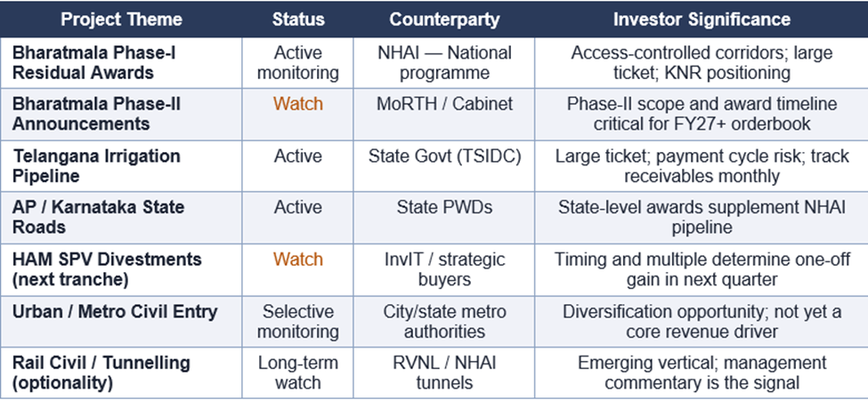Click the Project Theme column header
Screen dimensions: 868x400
pyautogui.click(x=121, y=20)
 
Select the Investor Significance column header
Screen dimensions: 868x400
pyautogui.click(x=702, y=20)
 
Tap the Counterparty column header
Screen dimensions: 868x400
pyautogui.click(x=444, y=20)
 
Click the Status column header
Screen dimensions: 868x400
pyautogui.click(x=298, y=20)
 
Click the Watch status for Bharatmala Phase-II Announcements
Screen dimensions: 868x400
pyautogui.click(x=298, y=104)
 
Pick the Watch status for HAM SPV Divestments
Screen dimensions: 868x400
pyautogui.click(x=298, y=260)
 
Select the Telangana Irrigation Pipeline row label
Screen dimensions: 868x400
pyautogui.click(x=96, y=165)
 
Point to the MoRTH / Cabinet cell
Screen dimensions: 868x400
pyautogui.click(x=444, y=104)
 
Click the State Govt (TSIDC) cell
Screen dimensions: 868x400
pyautogui.click(x=444, y=156)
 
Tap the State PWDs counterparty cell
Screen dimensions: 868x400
pyautogui.click(x=444, y=207)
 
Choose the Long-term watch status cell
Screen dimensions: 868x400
pyautogui.click(x=298, y=372)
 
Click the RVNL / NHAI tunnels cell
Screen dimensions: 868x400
pyautogui.click(x=444, y=372)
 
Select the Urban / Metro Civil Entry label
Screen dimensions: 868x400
pyautogui.click(x=115, y=312)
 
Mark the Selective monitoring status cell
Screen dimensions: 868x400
pyautogui.click(x=298, y=322)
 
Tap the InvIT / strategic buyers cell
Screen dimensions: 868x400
pyautogui.click(x=444, y=269)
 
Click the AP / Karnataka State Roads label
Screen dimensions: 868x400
pyautogui.click(x=99, y=217)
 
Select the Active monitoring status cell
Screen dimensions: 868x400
pyautogui.click(x=298, y=63)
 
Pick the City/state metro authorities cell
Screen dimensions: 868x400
pyautogui.click(x=444, y=322)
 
